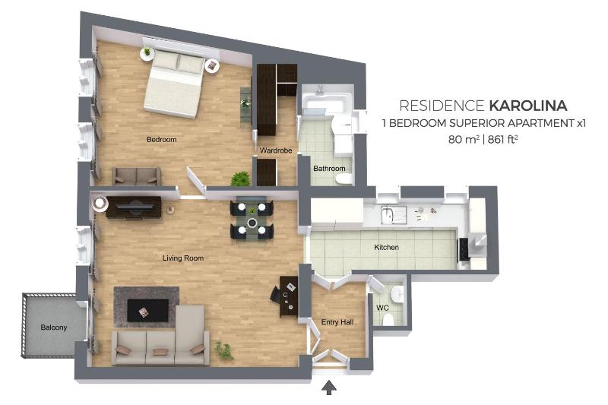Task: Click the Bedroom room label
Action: click(x=161, y=140)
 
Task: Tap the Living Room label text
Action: click(x=183, y=258)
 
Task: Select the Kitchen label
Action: click(x=386, y=248)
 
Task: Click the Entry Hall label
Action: click(x=337, y=322)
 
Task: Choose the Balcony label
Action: click(x=54, y=327)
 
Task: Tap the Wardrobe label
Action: click(x=276, y=150)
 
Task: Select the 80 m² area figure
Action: click(x=464, y=139)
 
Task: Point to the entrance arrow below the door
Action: click(x=329, y=388)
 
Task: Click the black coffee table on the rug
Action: click(x=147, y=309)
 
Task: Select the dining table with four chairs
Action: click(x=250, y=217)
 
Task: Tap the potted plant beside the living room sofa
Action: click(x=223, y=350)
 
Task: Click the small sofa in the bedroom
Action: click(x=136, y=176)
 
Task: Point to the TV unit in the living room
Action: click(x=134, y=207)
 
